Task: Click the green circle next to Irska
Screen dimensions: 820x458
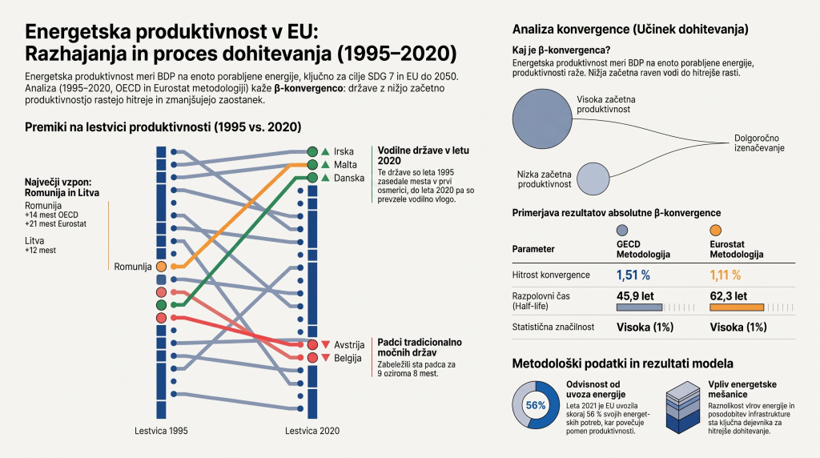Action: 312,151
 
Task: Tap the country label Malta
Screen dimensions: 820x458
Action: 345,165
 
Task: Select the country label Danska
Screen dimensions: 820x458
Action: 349,178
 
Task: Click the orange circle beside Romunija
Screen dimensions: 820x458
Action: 161,267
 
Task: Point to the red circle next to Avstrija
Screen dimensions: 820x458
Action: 312,344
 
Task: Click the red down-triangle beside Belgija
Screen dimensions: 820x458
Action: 325,358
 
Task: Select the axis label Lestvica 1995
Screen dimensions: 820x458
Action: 161,431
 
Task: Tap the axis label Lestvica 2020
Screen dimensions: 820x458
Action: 312,431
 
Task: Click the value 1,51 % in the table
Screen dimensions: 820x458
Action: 633,275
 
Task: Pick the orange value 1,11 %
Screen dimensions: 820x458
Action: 726,275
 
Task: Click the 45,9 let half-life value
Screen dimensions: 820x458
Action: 635,296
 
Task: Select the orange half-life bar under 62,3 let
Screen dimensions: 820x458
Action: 737,307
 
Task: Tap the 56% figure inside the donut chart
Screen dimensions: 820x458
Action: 536,405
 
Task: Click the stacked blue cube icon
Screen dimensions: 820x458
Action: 683,408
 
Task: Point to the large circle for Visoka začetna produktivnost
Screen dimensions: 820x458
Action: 542,119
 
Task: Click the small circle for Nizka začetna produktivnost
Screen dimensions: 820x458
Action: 593,179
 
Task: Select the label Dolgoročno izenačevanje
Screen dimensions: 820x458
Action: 759,143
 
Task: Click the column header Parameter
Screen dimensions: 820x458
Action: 533,249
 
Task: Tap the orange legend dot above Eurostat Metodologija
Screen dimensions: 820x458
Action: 715,230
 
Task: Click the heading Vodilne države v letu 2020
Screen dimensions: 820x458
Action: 423,155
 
